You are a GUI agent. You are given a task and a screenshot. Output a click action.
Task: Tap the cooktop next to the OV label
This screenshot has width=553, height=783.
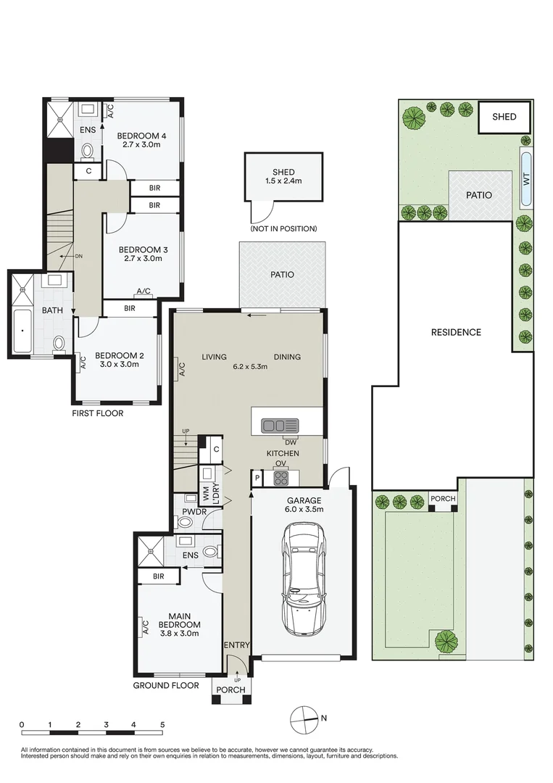click(280, 478)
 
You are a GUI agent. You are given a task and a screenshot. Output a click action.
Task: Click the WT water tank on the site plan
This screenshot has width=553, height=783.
click(525, 179)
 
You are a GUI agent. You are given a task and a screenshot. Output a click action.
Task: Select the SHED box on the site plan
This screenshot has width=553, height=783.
click(504, 117)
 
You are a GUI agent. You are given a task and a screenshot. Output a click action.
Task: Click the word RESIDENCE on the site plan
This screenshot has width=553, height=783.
click(456, 333)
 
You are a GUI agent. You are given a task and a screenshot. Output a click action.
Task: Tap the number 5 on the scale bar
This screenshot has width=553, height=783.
click(162, 725)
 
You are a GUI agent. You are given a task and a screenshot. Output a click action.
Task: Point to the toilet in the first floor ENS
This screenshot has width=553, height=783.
click(88, 152)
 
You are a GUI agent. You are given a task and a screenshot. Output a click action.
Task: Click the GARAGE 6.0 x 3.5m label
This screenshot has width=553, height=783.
click(304, 505)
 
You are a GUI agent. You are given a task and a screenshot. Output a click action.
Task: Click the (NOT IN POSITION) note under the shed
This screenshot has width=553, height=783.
click(283, 229)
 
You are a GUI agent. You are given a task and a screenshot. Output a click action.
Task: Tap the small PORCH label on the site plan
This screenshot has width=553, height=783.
click(442, 499)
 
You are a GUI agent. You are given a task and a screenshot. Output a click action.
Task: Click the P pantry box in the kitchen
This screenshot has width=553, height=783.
click(257, 478)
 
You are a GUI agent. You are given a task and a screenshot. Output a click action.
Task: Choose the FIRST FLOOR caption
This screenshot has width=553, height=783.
click(97, 414)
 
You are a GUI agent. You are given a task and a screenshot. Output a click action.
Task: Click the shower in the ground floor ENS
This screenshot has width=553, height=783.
click(151, 551)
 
